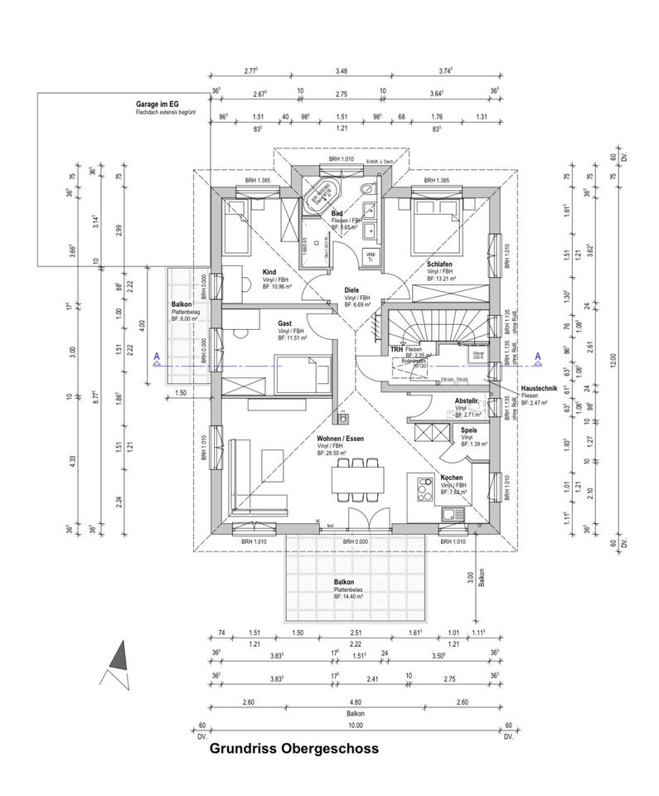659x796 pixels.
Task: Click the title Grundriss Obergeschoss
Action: (x=293, y=749)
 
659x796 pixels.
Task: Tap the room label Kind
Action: (x=269, y=272)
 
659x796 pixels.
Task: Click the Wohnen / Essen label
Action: (x=340, y=439)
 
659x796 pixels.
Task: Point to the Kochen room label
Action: (x=451, y=478)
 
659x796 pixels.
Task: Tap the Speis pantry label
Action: (x=468, y=430)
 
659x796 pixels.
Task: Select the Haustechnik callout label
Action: (x=542, y=389)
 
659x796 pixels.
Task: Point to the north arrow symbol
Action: (x=119, y=663)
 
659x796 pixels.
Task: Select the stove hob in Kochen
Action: (x=422, y=488)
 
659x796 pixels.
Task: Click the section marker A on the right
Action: (x=537, y=357)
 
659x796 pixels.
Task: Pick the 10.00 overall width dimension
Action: (x=355, y=725)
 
